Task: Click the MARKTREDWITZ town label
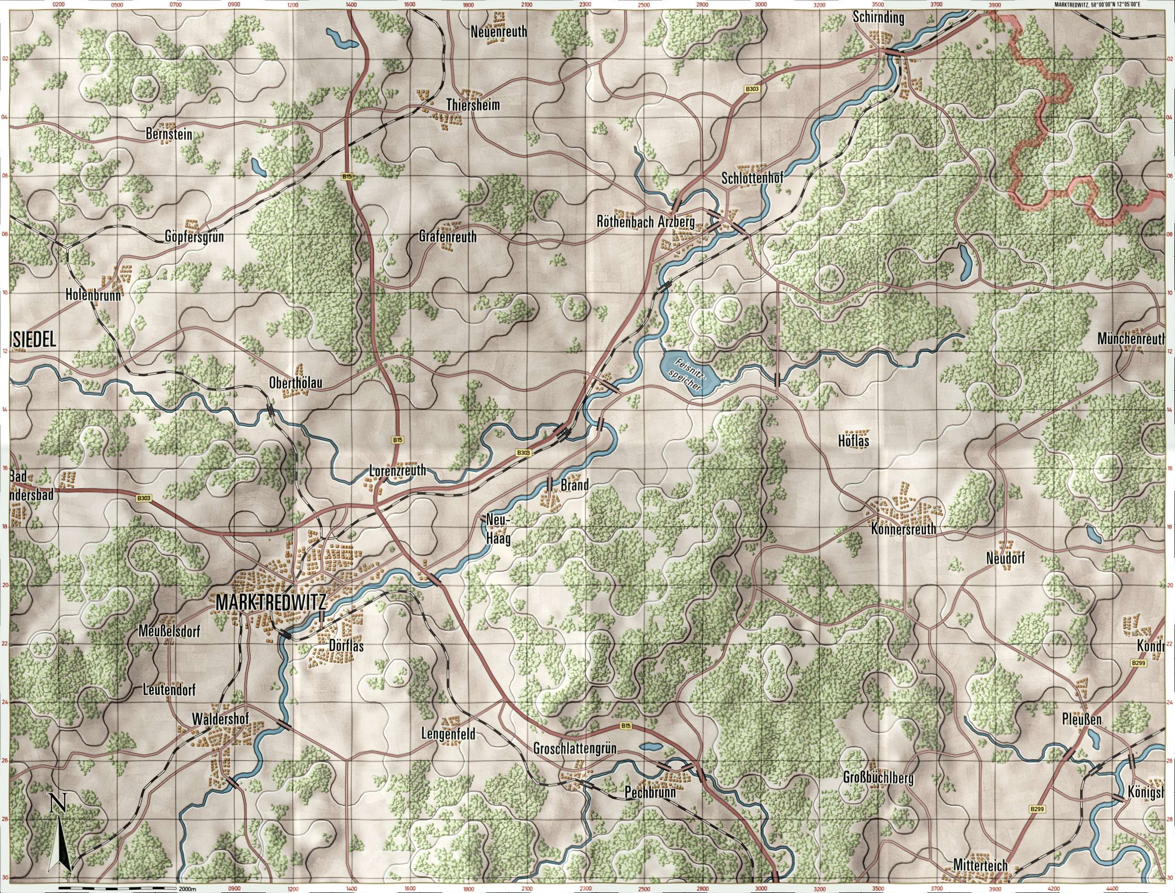click(270, 603)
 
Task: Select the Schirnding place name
click(878, 17)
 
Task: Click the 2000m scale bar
click(118, 888)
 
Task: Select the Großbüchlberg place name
click(878, 779)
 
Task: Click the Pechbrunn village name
click(650, 792)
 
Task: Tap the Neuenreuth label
click(499, 32)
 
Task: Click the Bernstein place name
click(169, 134)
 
